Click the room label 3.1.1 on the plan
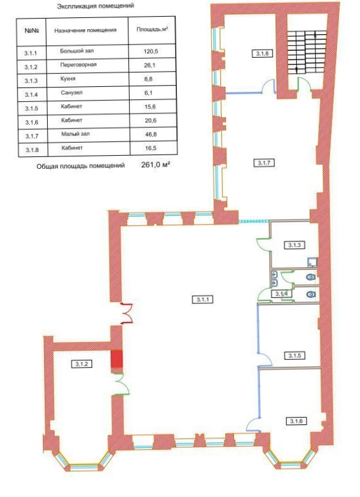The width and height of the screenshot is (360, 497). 202,300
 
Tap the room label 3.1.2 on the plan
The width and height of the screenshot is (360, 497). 81,364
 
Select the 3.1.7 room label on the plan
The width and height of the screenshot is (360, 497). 264,163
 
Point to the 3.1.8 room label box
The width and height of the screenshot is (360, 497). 263,53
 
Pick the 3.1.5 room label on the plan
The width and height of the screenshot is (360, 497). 295,356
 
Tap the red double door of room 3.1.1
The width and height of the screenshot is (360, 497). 127,313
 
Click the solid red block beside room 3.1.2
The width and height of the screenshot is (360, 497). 117,359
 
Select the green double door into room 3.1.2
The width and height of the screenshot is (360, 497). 122,383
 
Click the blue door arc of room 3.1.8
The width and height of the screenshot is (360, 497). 268,86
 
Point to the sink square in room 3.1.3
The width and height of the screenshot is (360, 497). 312,262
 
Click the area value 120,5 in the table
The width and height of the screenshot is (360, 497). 150,51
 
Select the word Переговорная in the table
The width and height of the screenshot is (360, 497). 78,65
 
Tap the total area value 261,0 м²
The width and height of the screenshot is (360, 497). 156,164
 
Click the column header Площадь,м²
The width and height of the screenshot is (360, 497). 152,30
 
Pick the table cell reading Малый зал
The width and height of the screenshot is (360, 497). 76,134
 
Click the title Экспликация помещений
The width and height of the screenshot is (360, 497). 95,6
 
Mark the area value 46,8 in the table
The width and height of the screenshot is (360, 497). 150,135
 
